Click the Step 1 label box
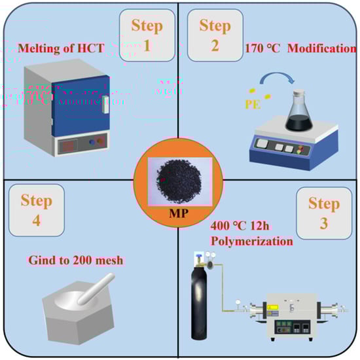(x=147, y=35)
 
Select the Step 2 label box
(x=215, y=35)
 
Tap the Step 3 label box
(x=324, y=213)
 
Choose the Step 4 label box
(x=37, y=210)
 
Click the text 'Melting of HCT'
(x=61, y=48)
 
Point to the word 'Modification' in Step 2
(x=322, y=48)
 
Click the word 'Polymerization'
(x=252, y=242)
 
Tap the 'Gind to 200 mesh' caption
(x=76, y=261)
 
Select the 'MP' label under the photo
(x=179, y=213)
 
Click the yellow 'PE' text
(x=253, y=105)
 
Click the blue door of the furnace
(x=81, y=106)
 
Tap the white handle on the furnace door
(x=105, y=105)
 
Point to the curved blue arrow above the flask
(x=277, y=75)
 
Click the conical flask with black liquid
(x=299, y=111)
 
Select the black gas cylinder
(x=199, y=298)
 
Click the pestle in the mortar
(x=96, y=289)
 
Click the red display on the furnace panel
(x=67, y=146)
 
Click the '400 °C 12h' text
(x=240, y=226)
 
